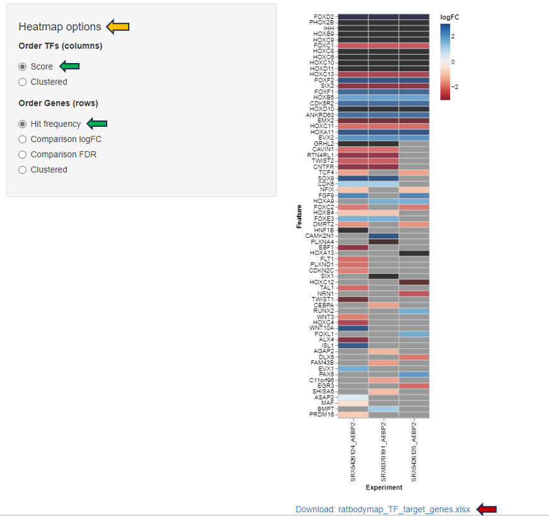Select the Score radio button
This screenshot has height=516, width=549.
[23, 67]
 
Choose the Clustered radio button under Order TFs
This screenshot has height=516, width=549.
[23, 82]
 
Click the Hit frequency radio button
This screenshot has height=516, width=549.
[23, 124]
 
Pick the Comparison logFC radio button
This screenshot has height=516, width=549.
[23, 139]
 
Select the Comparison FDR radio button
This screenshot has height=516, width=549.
[23, 155]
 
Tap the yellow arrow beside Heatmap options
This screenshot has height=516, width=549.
[118, 26]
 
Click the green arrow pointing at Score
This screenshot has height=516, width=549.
[69, 66]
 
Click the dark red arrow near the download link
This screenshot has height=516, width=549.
[487, 509]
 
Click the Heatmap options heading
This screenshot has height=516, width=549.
[59, 27]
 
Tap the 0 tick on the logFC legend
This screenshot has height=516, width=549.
[452, 62]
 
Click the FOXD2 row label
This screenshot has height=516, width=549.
[323, 16]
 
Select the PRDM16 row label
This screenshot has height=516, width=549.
[322, 414]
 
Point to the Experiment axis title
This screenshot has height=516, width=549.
[384, 488]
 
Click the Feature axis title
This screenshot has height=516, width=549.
[300, 216]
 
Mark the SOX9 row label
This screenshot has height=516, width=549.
[326, 178]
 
